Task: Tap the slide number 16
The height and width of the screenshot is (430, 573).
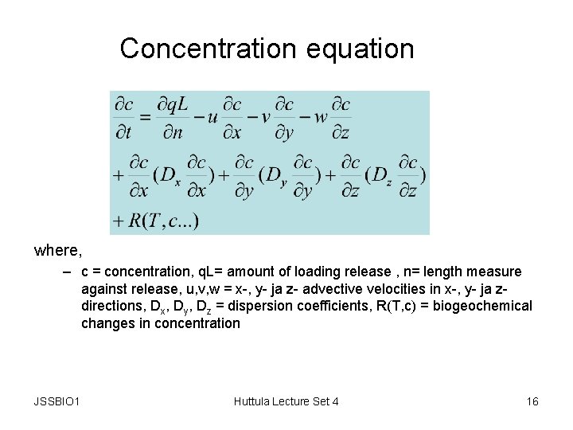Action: click(x=532, y=401)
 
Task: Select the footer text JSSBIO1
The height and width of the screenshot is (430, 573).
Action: click(x=57, y=401)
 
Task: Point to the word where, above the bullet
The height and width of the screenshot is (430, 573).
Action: click(x=57, y=251)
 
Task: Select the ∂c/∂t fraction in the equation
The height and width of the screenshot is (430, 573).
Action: click(x=124, y=118)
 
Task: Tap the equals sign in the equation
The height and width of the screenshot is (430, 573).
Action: click(x=146, y=118)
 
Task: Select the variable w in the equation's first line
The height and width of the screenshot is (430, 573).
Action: click(x=321, y=118)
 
